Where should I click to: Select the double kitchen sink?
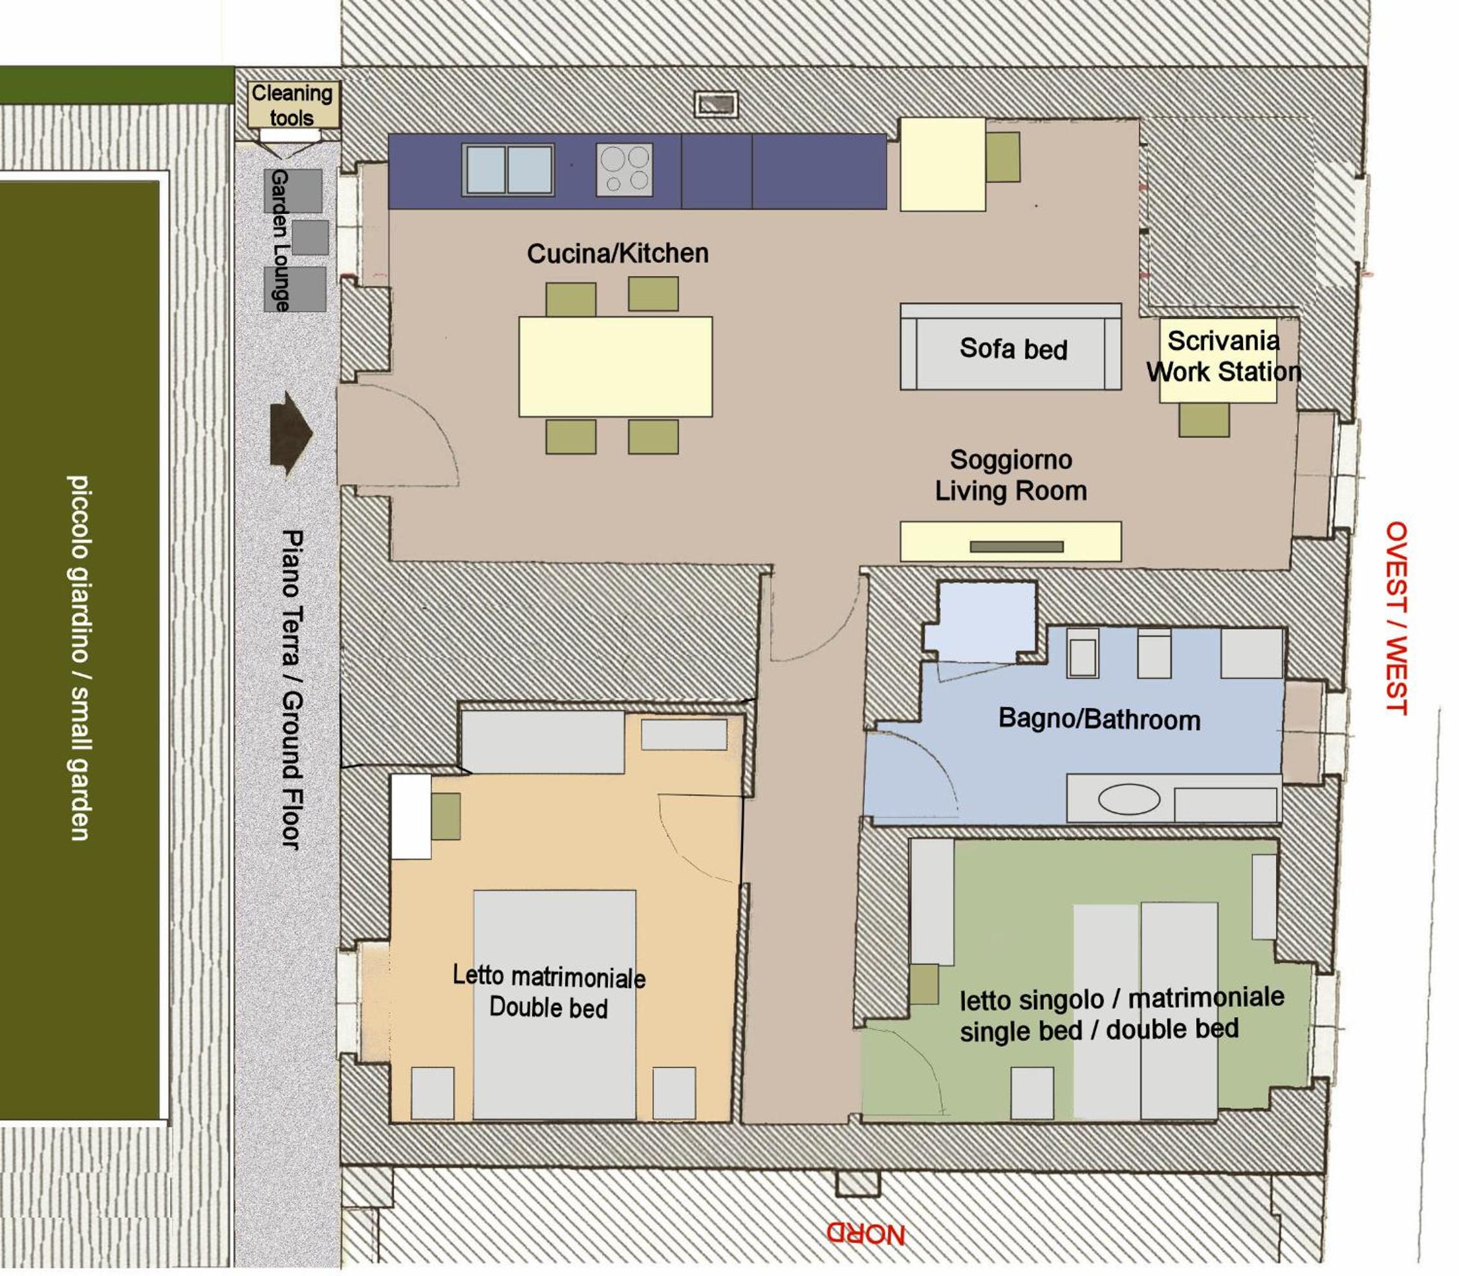click(508, 169)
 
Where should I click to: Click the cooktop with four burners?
click(625, 169)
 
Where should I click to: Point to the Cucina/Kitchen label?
click(618, 254)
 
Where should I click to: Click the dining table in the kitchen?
click(615, 366)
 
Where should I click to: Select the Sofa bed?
click(1010, 347)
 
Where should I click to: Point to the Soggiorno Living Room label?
click(1010, 475)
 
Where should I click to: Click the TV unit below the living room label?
click(1010, 541)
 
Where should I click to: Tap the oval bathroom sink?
click(1129, 798)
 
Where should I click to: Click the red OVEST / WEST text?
click(1396, 618)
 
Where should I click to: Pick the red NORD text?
click(865, 1234)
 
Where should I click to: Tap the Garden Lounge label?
click(280, 240)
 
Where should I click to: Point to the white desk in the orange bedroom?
click(411, 817)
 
